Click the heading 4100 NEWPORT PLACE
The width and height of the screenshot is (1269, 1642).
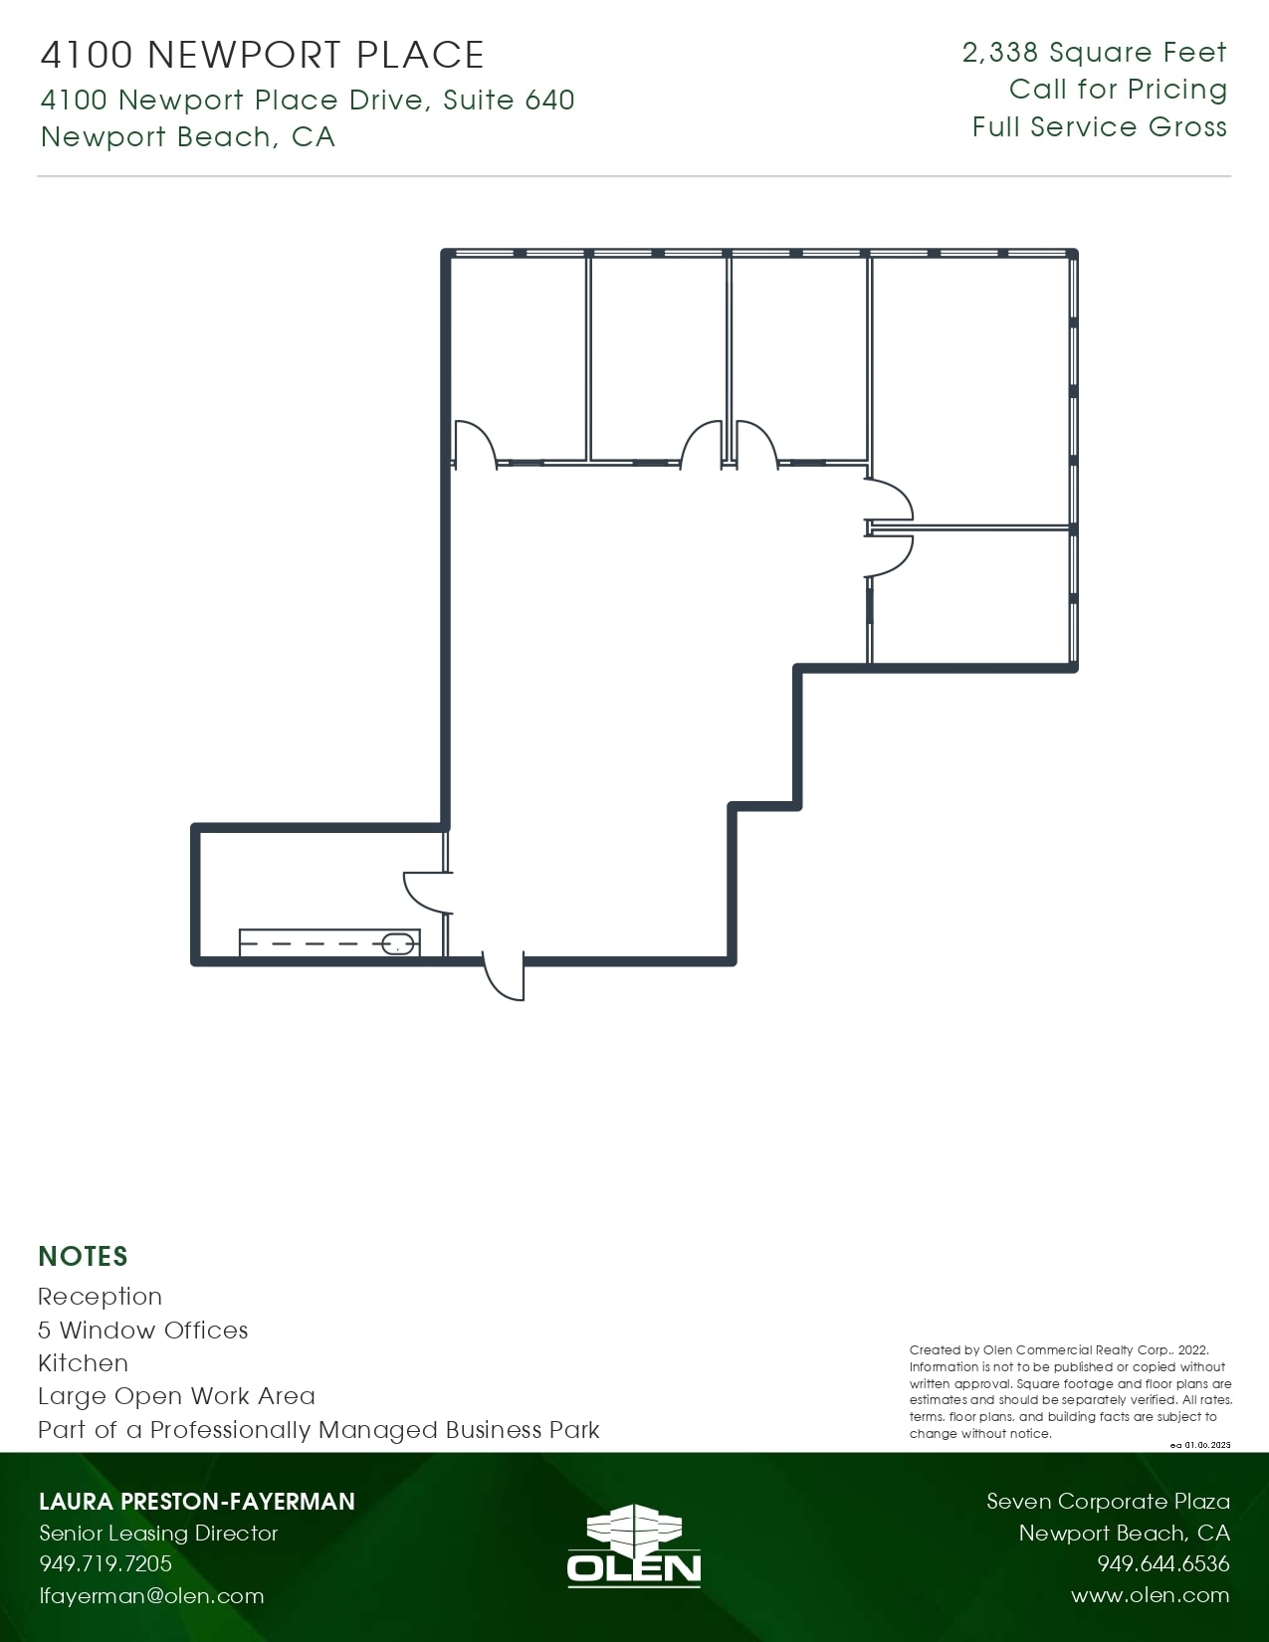coord(262,55)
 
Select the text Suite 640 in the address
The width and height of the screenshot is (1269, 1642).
coord(509,100)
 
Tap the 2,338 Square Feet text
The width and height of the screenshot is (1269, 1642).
coord(1094,52)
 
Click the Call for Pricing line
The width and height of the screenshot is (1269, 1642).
coord(1118,89)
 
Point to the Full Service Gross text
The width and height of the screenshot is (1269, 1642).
coord(1099,126)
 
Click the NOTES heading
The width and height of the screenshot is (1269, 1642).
coord(83,1256)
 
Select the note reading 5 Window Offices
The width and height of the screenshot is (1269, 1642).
coord(142,1330)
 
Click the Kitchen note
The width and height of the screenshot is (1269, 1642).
coord(83,1362)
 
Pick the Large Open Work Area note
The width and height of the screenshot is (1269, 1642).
coord(176,1395)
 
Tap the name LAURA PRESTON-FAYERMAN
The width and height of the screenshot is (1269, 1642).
coord(196,1501)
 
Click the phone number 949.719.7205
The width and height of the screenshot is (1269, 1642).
coord(106,1563)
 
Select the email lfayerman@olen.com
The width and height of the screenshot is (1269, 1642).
coord(151,1595)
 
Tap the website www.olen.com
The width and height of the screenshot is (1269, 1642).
coord(1150,1595)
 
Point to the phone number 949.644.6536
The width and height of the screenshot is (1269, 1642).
coord(1163,1563)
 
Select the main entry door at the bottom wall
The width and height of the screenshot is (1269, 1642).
coord(504,974)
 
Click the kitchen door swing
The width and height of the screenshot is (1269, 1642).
coord(426,891)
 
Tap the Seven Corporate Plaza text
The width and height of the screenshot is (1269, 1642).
coord(1108,1501)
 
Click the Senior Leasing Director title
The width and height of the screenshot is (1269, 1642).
coord(158,1533)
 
